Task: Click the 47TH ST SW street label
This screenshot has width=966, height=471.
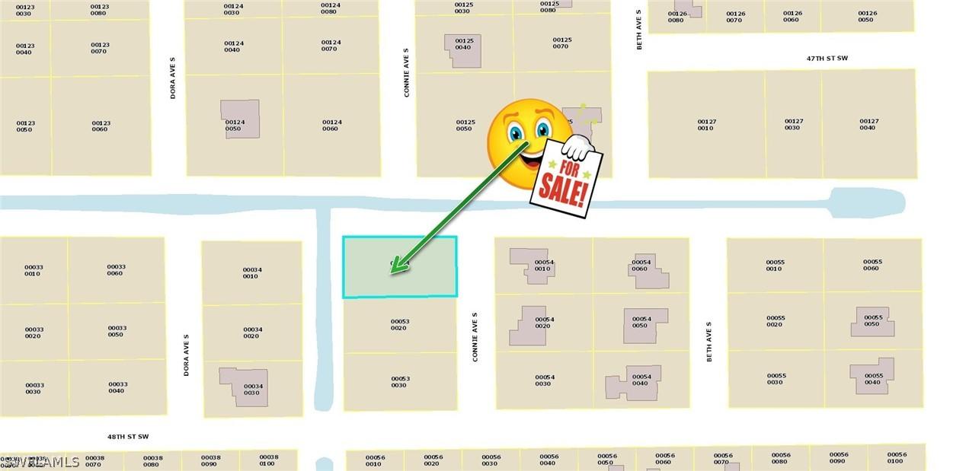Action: (827, 57)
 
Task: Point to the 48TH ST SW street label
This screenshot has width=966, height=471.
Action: (128, 437)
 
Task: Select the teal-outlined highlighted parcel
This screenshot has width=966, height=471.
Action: (399, 266)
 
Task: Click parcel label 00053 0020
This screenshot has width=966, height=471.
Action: (400, 325)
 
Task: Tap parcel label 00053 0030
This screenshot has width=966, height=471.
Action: (400, 382)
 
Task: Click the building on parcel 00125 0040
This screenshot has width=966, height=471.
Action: (462, 51)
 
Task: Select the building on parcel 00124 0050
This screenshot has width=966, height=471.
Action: (240, 119)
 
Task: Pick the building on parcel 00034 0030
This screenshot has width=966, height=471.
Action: (243, 387)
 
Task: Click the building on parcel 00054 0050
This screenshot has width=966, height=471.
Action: (645, 326)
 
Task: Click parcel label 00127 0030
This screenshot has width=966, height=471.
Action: (793, 124)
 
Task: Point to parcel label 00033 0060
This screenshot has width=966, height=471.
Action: (116, 270)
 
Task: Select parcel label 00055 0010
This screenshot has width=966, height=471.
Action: (775, 266)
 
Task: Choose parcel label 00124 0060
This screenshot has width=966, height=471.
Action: (331, 125)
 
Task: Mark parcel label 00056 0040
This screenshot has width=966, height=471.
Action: (549, 460)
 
